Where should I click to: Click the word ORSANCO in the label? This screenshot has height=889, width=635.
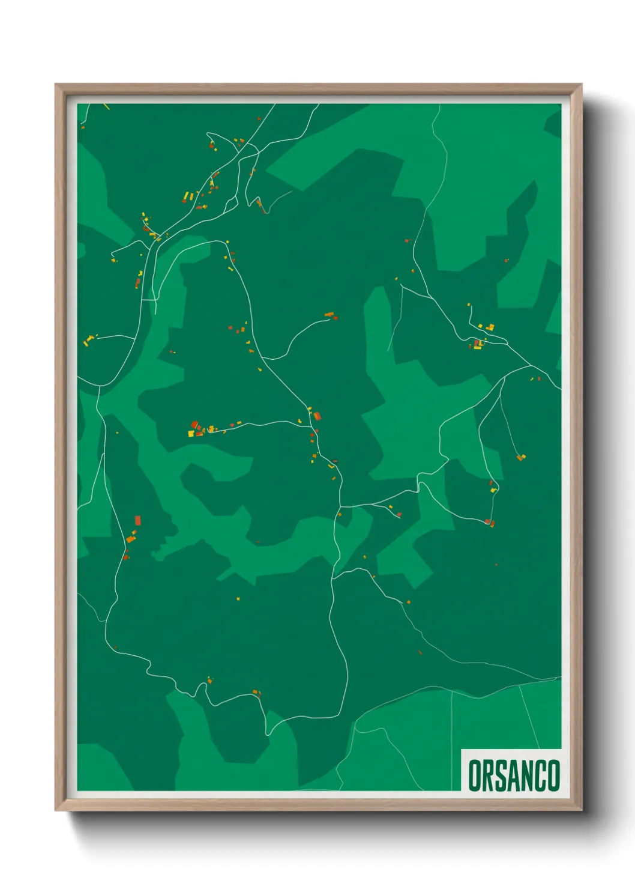pos(513,775)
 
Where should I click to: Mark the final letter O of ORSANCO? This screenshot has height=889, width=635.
pos(553,775)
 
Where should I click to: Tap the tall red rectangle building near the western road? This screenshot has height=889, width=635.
pos(137,520)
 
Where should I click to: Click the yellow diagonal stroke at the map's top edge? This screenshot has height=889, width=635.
pos(106,107)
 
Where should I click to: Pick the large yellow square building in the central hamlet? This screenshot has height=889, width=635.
pos(191,433)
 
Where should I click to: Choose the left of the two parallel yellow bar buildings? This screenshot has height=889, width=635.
pos(185,196)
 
